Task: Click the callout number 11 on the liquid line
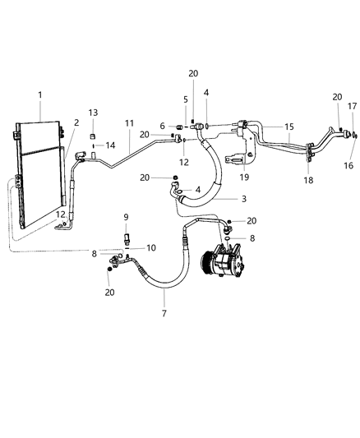(129, 123)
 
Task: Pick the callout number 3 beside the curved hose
(242, 200)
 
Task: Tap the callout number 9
(126, 217)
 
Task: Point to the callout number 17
(351, 106)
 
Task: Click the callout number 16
(348, 165)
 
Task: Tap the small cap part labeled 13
(93, 133)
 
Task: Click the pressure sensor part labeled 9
(126, 237)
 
